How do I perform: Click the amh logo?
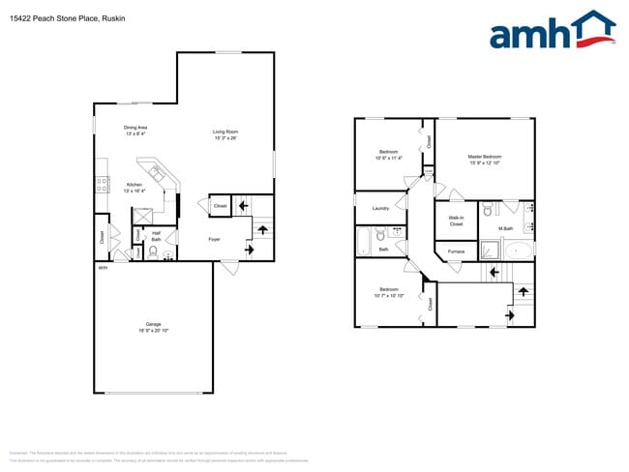(552, 31)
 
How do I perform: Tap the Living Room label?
(225, 132)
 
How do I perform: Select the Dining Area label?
(135, 128)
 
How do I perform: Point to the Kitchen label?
(135, 185)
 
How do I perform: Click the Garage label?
(153, 324)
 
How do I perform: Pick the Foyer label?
(214, 239)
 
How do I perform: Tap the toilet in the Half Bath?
(153, 251)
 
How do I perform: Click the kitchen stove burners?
(102, 185)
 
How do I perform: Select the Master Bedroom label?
(485, 157)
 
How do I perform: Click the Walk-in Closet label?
(456, 221)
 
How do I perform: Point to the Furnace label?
(456, 251)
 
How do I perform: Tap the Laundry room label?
(380, 207)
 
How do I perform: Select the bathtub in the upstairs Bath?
(365, 242)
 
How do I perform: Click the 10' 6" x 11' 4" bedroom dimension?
(388, 159)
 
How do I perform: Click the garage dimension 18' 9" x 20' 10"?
(153, 331)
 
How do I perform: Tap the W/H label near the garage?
(102, 267)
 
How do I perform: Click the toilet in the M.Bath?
(489, 210)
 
